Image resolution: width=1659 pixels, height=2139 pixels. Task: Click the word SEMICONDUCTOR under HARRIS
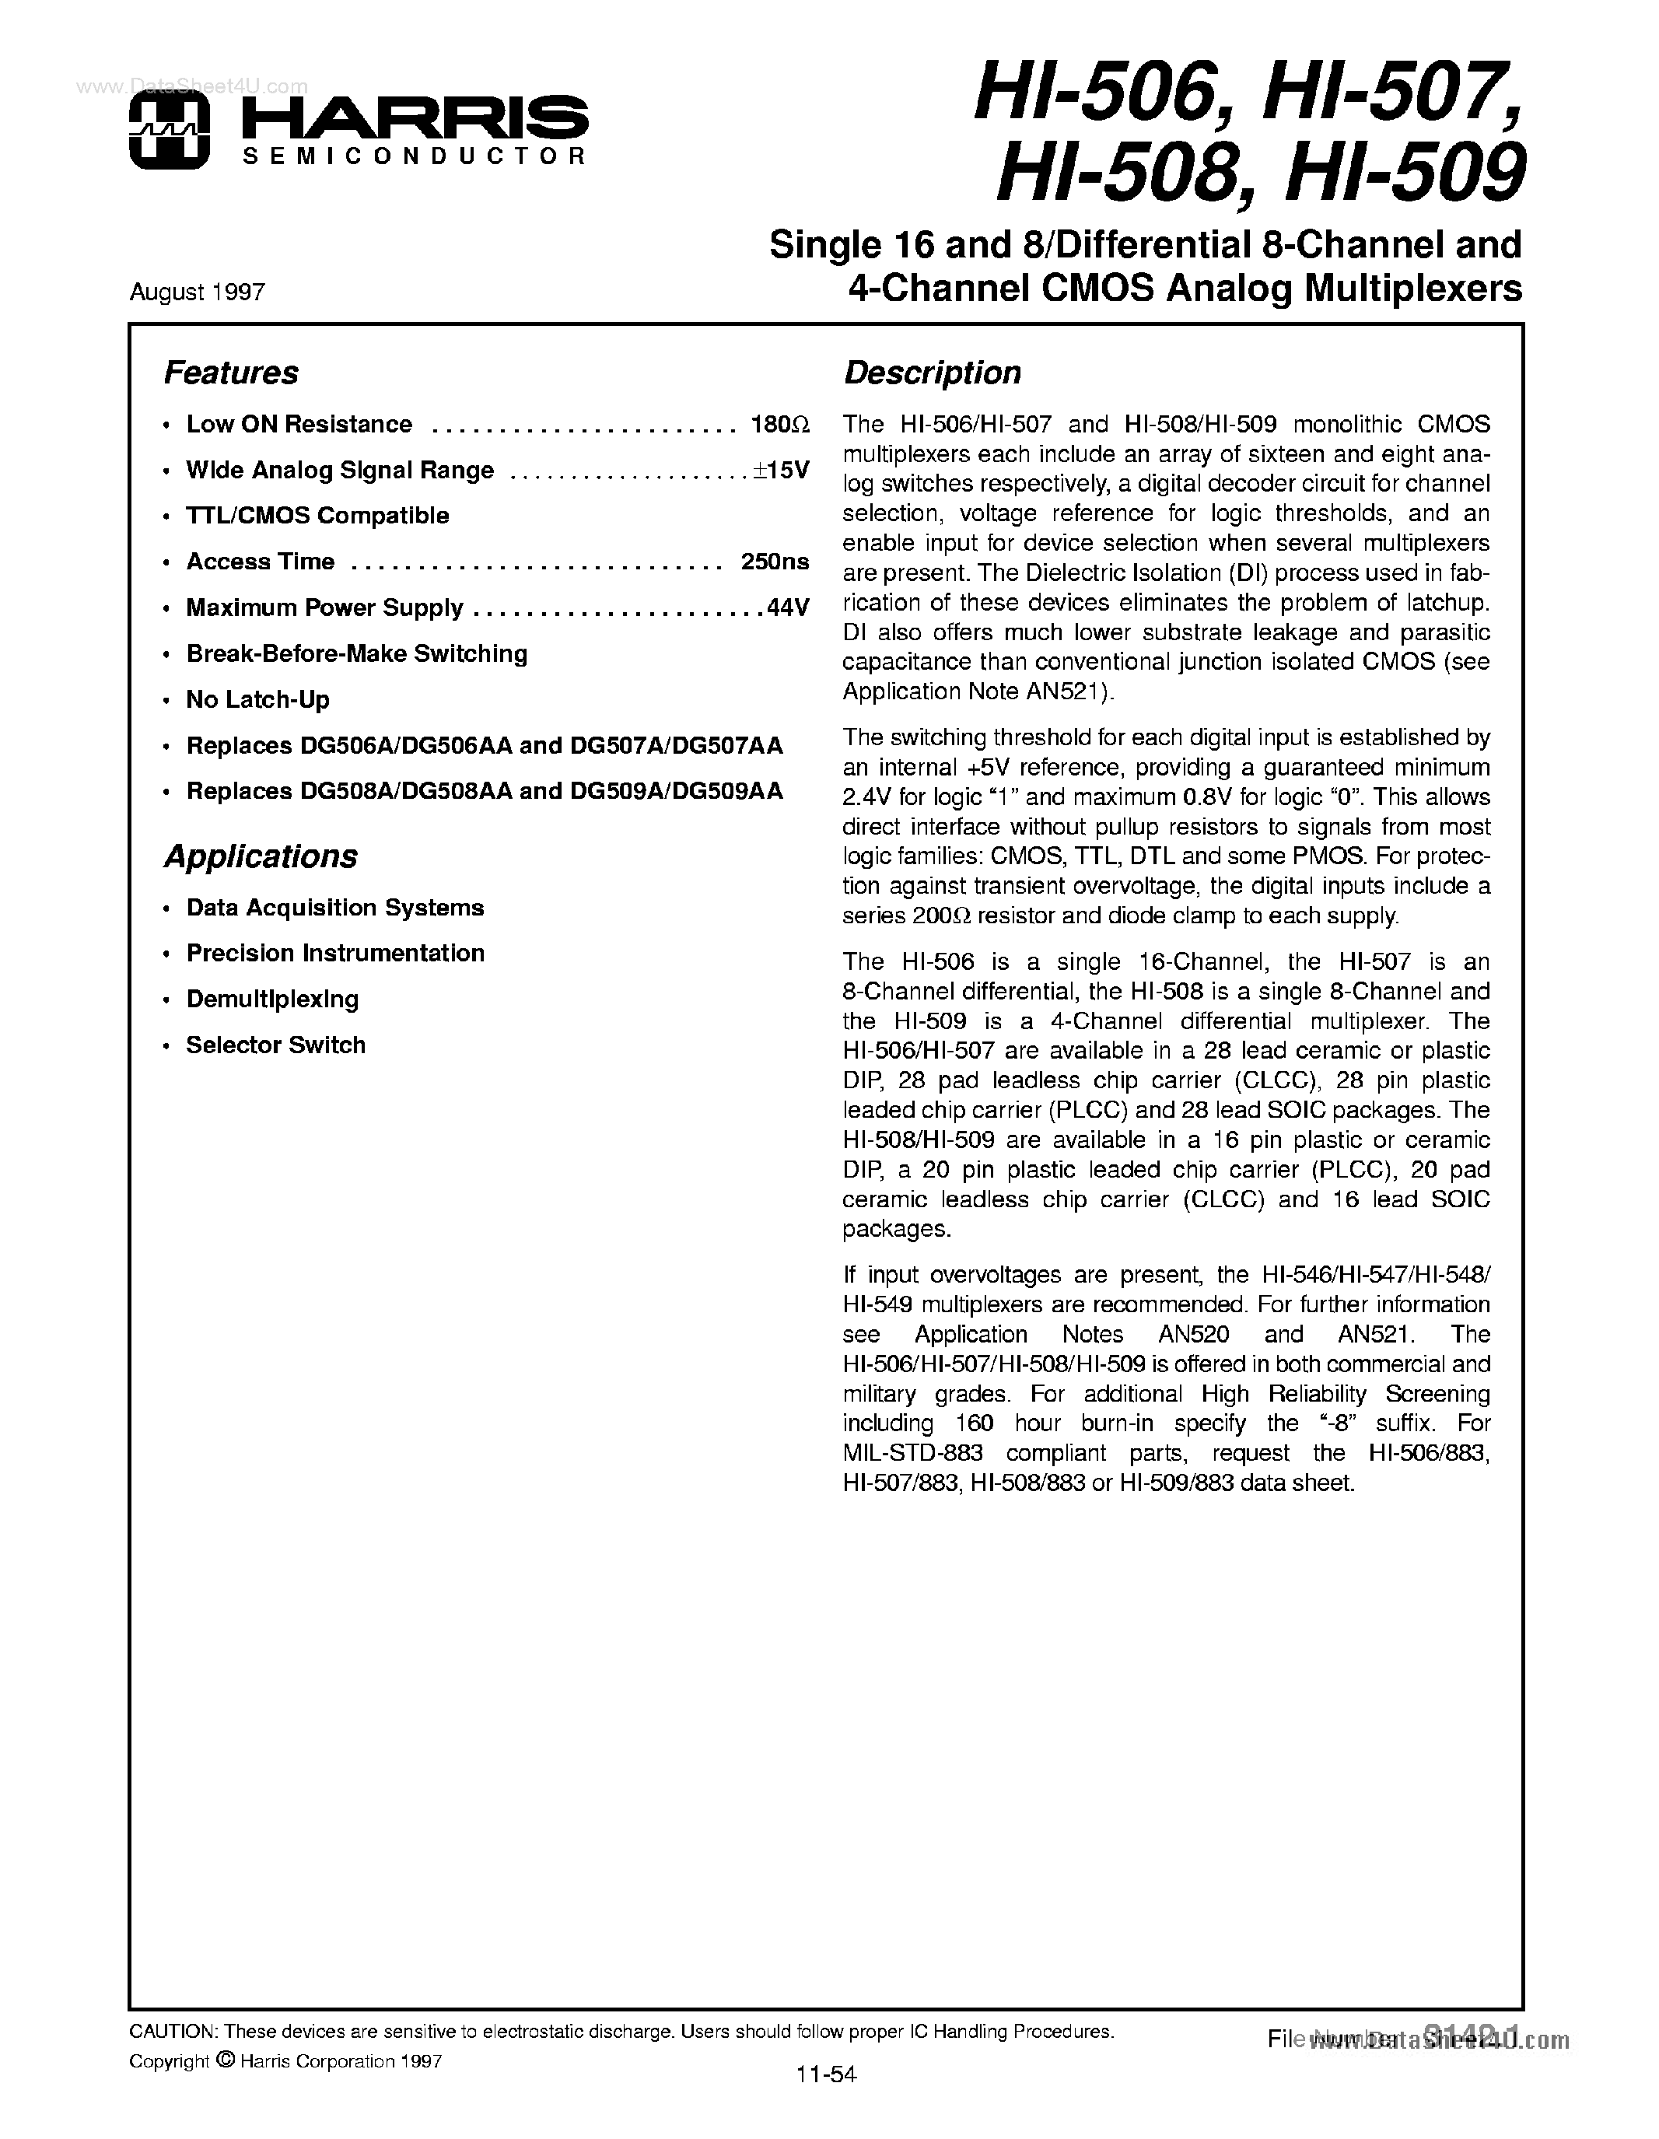tap(412, 156)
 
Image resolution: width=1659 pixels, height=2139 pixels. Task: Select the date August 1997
tap(197, 292)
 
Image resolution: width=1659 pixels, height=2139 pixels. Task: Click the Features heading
tap(230, 373)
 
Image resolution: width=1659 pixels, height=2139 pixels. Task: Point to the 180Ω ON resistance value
tap(779, 424)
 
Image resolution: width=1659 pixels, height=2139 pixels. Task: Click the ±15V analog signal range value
tap(782, 470)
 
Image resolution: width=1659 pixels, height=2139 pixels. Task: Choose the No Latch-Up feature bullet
tap(257, 699)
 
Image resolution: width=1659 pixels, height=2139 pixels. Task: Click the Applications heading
tap(261, 857)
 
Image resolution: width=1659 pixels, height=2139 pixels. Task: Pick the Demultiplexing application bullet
tap(272, 999)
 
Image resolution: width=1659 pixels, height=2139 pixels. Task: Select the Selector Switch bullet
tap(275, 1045)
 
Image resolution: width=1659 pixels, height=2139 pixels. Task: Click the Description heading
tap(933, 373)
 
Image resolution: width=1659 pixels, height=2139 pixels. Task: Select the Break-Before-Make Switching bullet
tap(356, 653)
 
